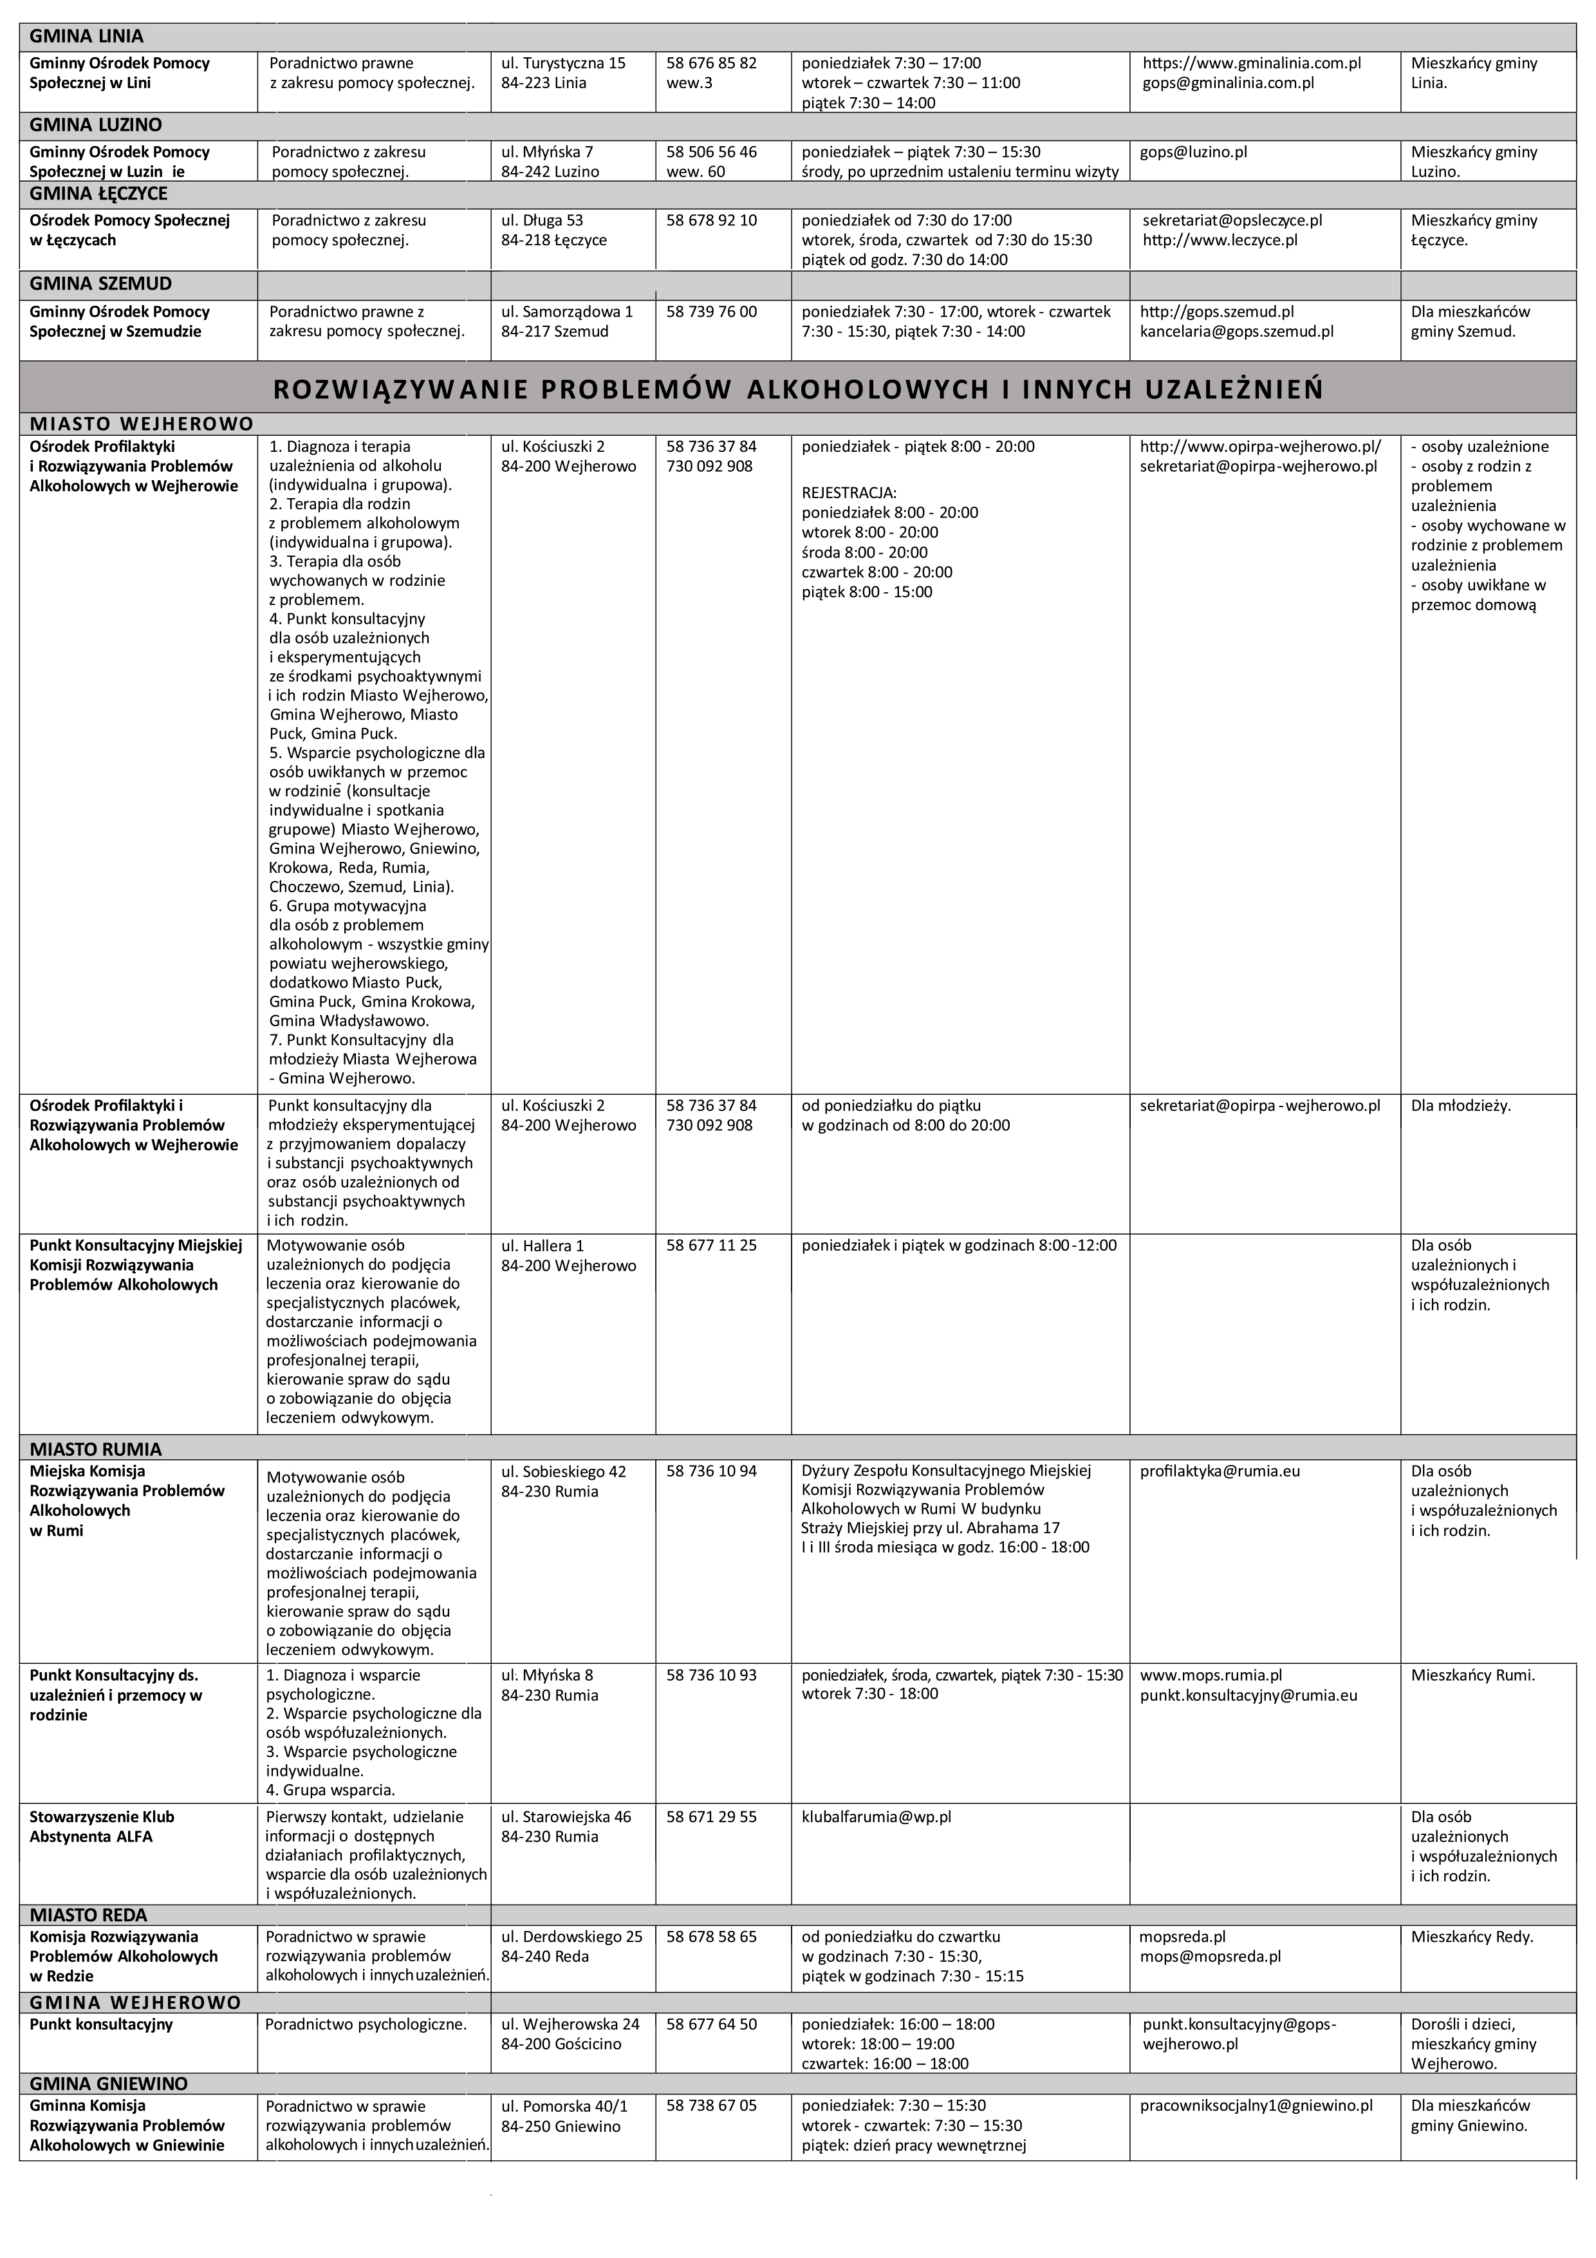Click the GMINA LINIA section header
tap(86, 37)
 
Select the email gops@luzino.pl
tap(1194, 153)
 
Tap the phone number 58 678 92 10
tap(711, 220)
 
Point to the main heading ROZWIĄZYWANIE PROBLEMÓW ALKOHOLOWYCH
tap(797, 389)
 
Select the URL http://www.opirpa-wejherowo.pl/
tap(1259, 447)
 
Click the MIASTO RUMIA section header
tap(95, 1450)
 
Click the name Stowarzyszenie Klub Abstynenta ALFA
tap(102, 1826)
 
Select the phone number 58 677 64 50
tap(711, 2024)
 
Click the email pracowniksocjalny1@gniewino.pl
tap(1256, 2105)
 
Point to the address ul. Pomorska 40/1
tap(564, 2105)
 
